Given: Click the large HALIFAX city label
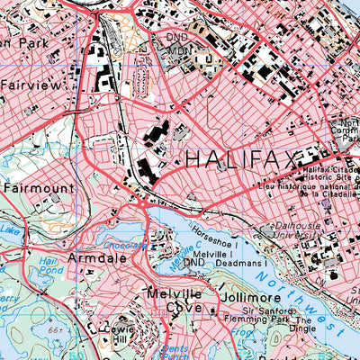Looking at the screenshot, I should (x=241, y=160).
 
